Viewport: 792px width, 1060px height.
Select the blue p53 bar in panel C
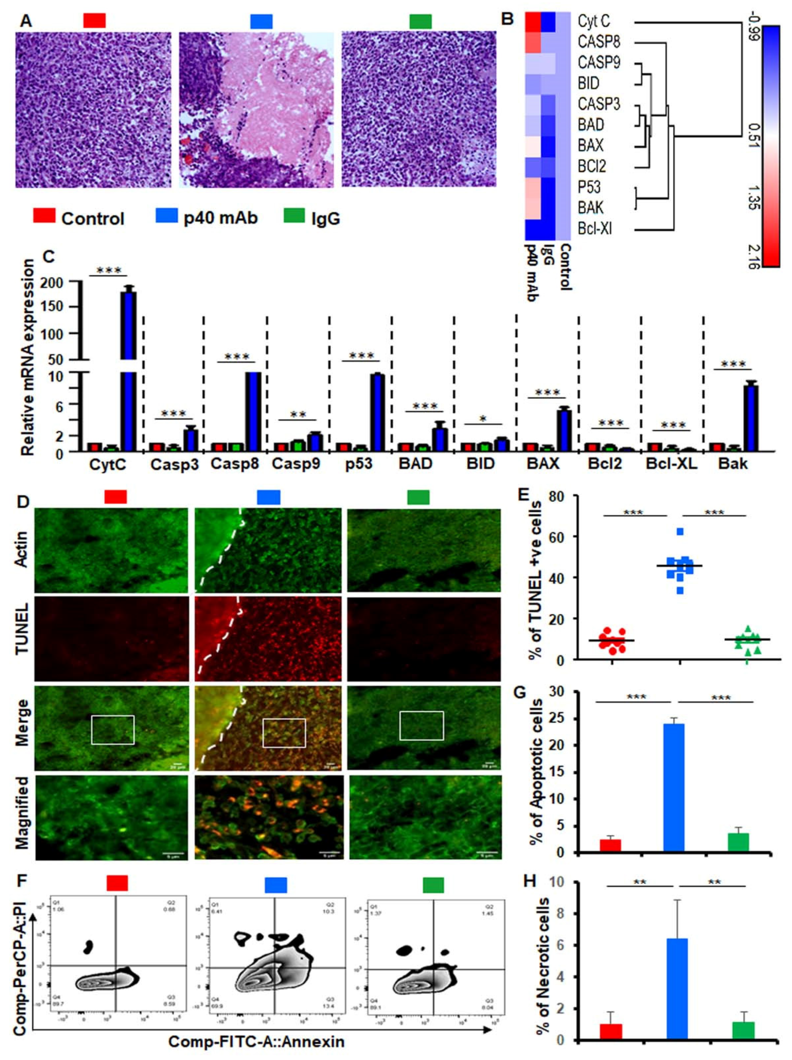pos(377,412)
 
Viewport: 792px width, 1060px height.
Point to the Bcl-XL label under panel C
pos(671,464)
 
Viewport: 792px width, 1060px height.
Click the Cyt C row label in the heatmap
pos(594,22)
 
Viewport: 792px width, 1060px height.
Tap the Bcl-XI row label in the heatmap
pos(594,229)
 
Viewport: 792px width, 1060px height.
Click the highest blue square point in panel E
pos(680,531)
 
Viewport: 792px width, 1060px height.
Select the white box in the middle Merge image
pos(284,733)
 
